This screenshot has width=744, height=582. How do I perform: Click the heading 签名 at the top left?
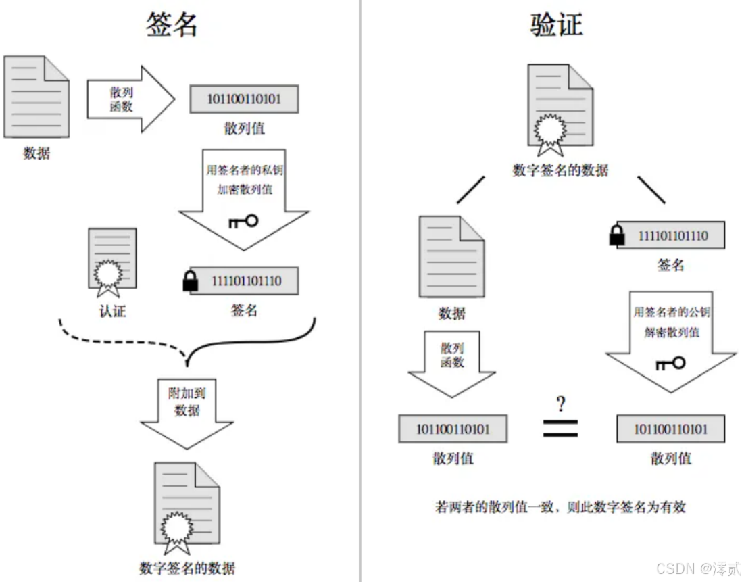click(x=172, y=24)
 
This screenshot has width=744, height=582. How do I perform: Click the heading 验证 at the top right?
click(x=555, y=24)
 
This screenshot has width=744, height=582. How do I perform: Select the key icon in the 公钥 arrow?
click(x=670, y=364)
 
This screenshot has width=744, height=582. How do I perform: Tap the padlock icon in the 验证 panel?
click(x=616, y=235)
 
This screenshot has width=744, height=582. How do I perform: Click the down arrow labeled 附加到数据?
click(x=187, y=412)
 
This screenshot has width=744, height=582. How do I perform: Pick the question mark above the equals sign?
click(x=560, y=405)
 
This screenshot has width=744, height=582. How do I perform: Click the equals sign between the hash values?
click(x=560, y=428)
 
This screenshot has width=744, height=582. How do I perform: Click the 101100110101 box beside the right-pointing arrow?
click(x=244, y=99)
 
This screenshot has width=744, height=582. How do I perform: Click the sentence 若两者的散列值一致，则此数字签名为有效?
click(x=560, y=506)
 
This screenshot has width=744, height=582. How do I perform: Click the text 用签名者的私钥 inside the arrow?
click(x=244, y=170)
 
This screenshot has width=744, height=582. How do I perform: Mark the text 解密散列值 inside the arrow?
click(x=671, y=332)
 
